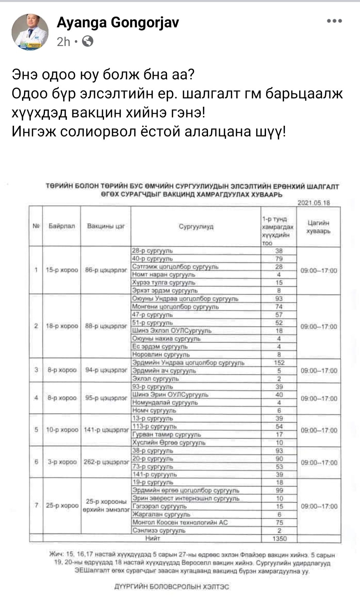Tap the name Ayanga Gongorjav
(118, 23)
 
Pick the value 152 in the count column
(279, 363)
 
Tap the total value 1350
(279, 538)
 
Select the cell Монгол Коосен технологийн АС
(180, 522)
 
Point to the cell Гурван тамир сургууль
(167, 435)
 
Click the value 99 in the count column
(279, 490)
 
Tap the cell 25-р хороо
(62, 506)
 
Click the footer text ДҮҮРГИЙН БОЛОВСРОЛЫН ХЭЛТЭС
(172, 587)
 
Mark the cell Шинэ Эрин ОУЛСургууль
(170, 395)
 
